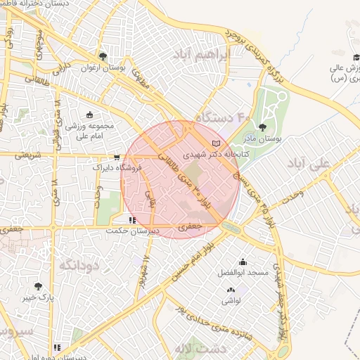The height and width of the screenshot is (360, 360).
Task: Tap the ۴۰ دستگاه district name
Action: pos(223,117)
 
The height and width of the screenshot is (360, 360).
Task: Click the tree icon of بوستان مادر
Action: pos(262,127)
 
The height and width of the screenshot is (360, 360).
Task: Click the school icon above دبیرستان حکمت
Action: pos(133,220)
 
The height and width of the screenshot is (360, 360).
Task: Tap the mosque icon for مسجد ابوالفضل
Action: pos(243,261)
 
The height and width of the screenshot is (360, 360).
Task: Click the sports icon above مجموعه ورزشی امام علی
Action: pos(89,115)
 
